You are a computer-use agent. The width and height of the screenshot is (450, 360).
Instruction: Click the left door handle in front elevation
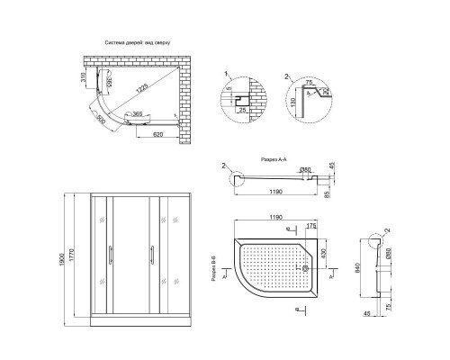[x=109, y=257]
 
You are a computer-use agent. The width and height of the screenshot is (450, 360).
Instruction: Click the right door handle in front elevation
[x=143, y=257]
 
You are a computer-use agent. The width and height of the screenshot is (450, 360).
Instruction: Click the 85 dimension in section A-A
[x=327, y=193]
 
